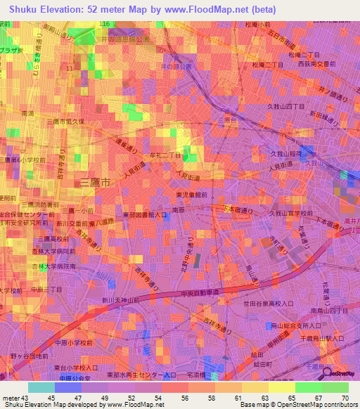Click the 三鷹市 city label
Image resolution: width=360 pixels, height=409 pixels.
tap(96, 182)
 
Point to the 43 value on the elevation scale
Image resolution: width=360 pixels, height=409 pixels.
tap(25, 399)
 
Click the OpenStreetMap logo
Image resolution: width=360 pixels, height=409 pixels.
tap(333, 373)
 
